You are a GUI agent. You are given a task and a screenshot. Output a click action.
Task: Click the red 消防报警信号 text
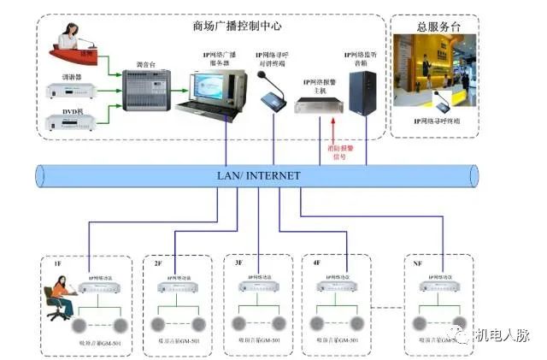(337, 151)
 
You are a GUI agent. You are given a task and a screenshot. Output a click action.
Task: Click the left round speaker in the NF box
(420, 325)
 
